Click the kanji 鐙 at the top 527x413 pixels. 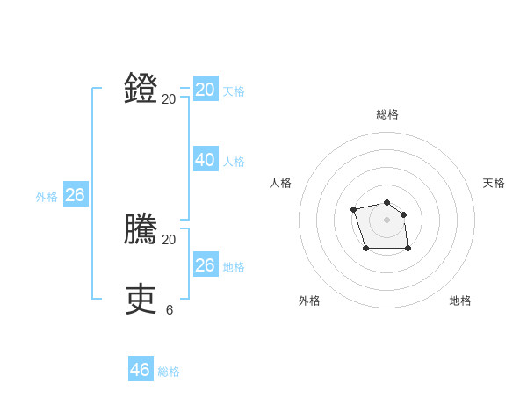tap(141, 89)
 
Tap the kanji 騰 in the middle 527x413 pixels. tap(141, 229)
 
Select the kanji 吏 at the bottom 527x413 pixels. tap(141, 300)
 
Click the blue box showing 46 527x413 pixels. tap(141, 370)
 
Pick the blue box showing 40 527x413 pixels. tap(206, 159)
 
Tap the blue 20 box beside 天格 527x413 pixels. tap(206, 90)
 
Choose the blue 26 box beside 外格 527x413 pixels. tap(76, 195)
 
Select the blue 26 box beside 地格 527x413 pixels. tap(206, 264)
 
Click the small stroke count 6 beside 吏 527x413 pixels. tap(170, 310)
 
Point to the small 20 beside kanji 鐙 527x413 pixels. tap(169, 99)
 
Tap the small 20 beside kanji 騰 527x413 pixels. tap(169, 240)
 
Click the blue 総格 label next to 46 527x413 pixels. tap(169, 372)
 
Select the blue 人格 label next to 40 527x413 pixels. tap(234, 162)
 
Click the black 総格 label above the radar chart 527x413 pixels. tap(387, 114)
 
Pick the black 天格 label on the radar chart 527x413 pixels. tap(494, 183)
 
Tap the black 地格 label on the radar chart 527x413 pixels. tap(460, 301)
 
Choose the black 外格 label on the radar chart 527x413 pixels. tap(309, 301)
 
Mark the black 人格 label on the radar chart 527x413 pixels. tap(281, 183)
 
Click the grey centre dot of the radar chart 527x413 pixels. tap(386, 219)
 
